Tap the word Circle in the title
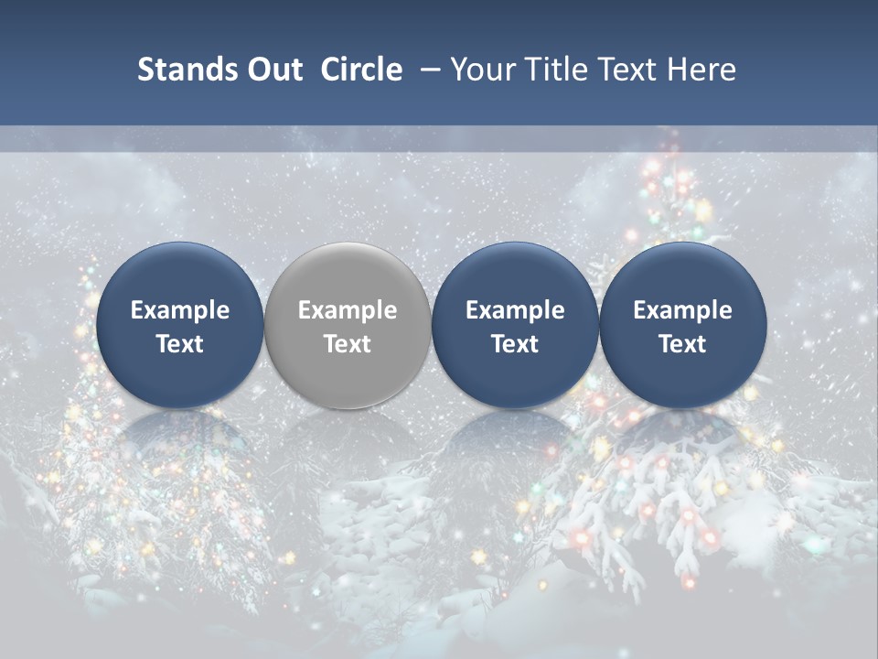(361, 70)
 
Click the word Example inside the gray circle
(348, 310)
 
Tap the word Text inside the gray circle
(348, 344)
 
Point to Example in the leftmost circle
(180, 310)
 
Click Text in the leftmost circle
(180, 344)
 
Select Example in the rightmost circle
(682, 310)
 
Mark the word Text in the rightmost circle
(682, 344)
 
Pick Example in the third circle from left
(515, 310)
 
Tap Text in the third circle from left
(515, 344)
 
